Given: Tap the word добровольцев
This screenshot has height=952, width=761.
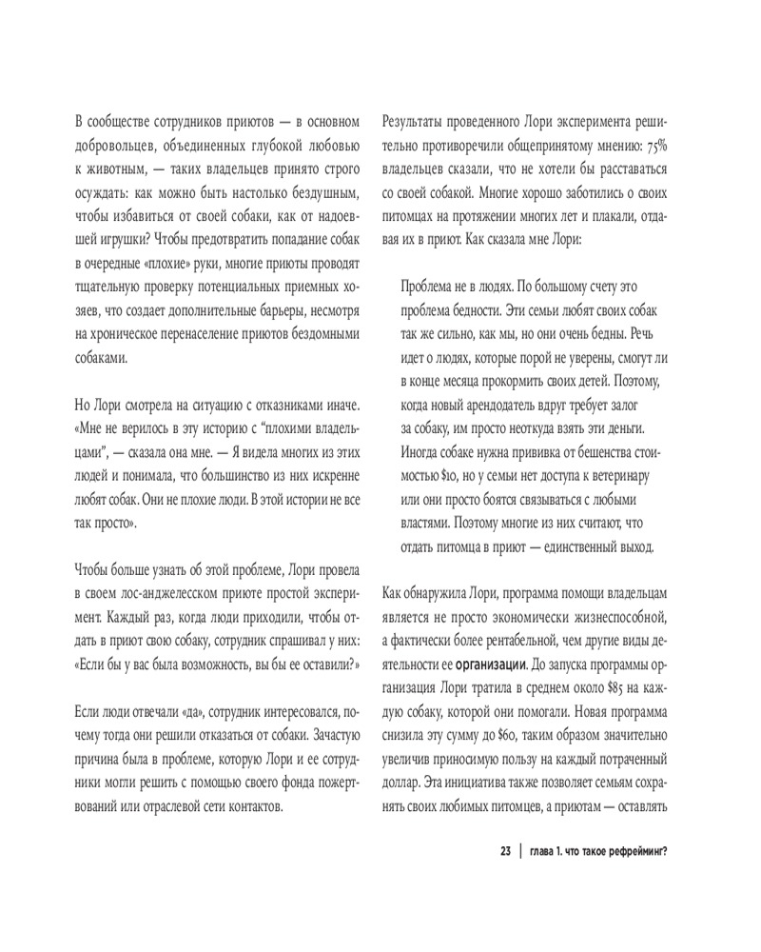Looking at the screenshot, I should pyautogui.click(x=116, y=147).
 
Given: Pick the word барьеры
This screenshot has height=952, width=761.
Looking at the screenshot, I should pyautogui.click(x=279, y=310).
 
